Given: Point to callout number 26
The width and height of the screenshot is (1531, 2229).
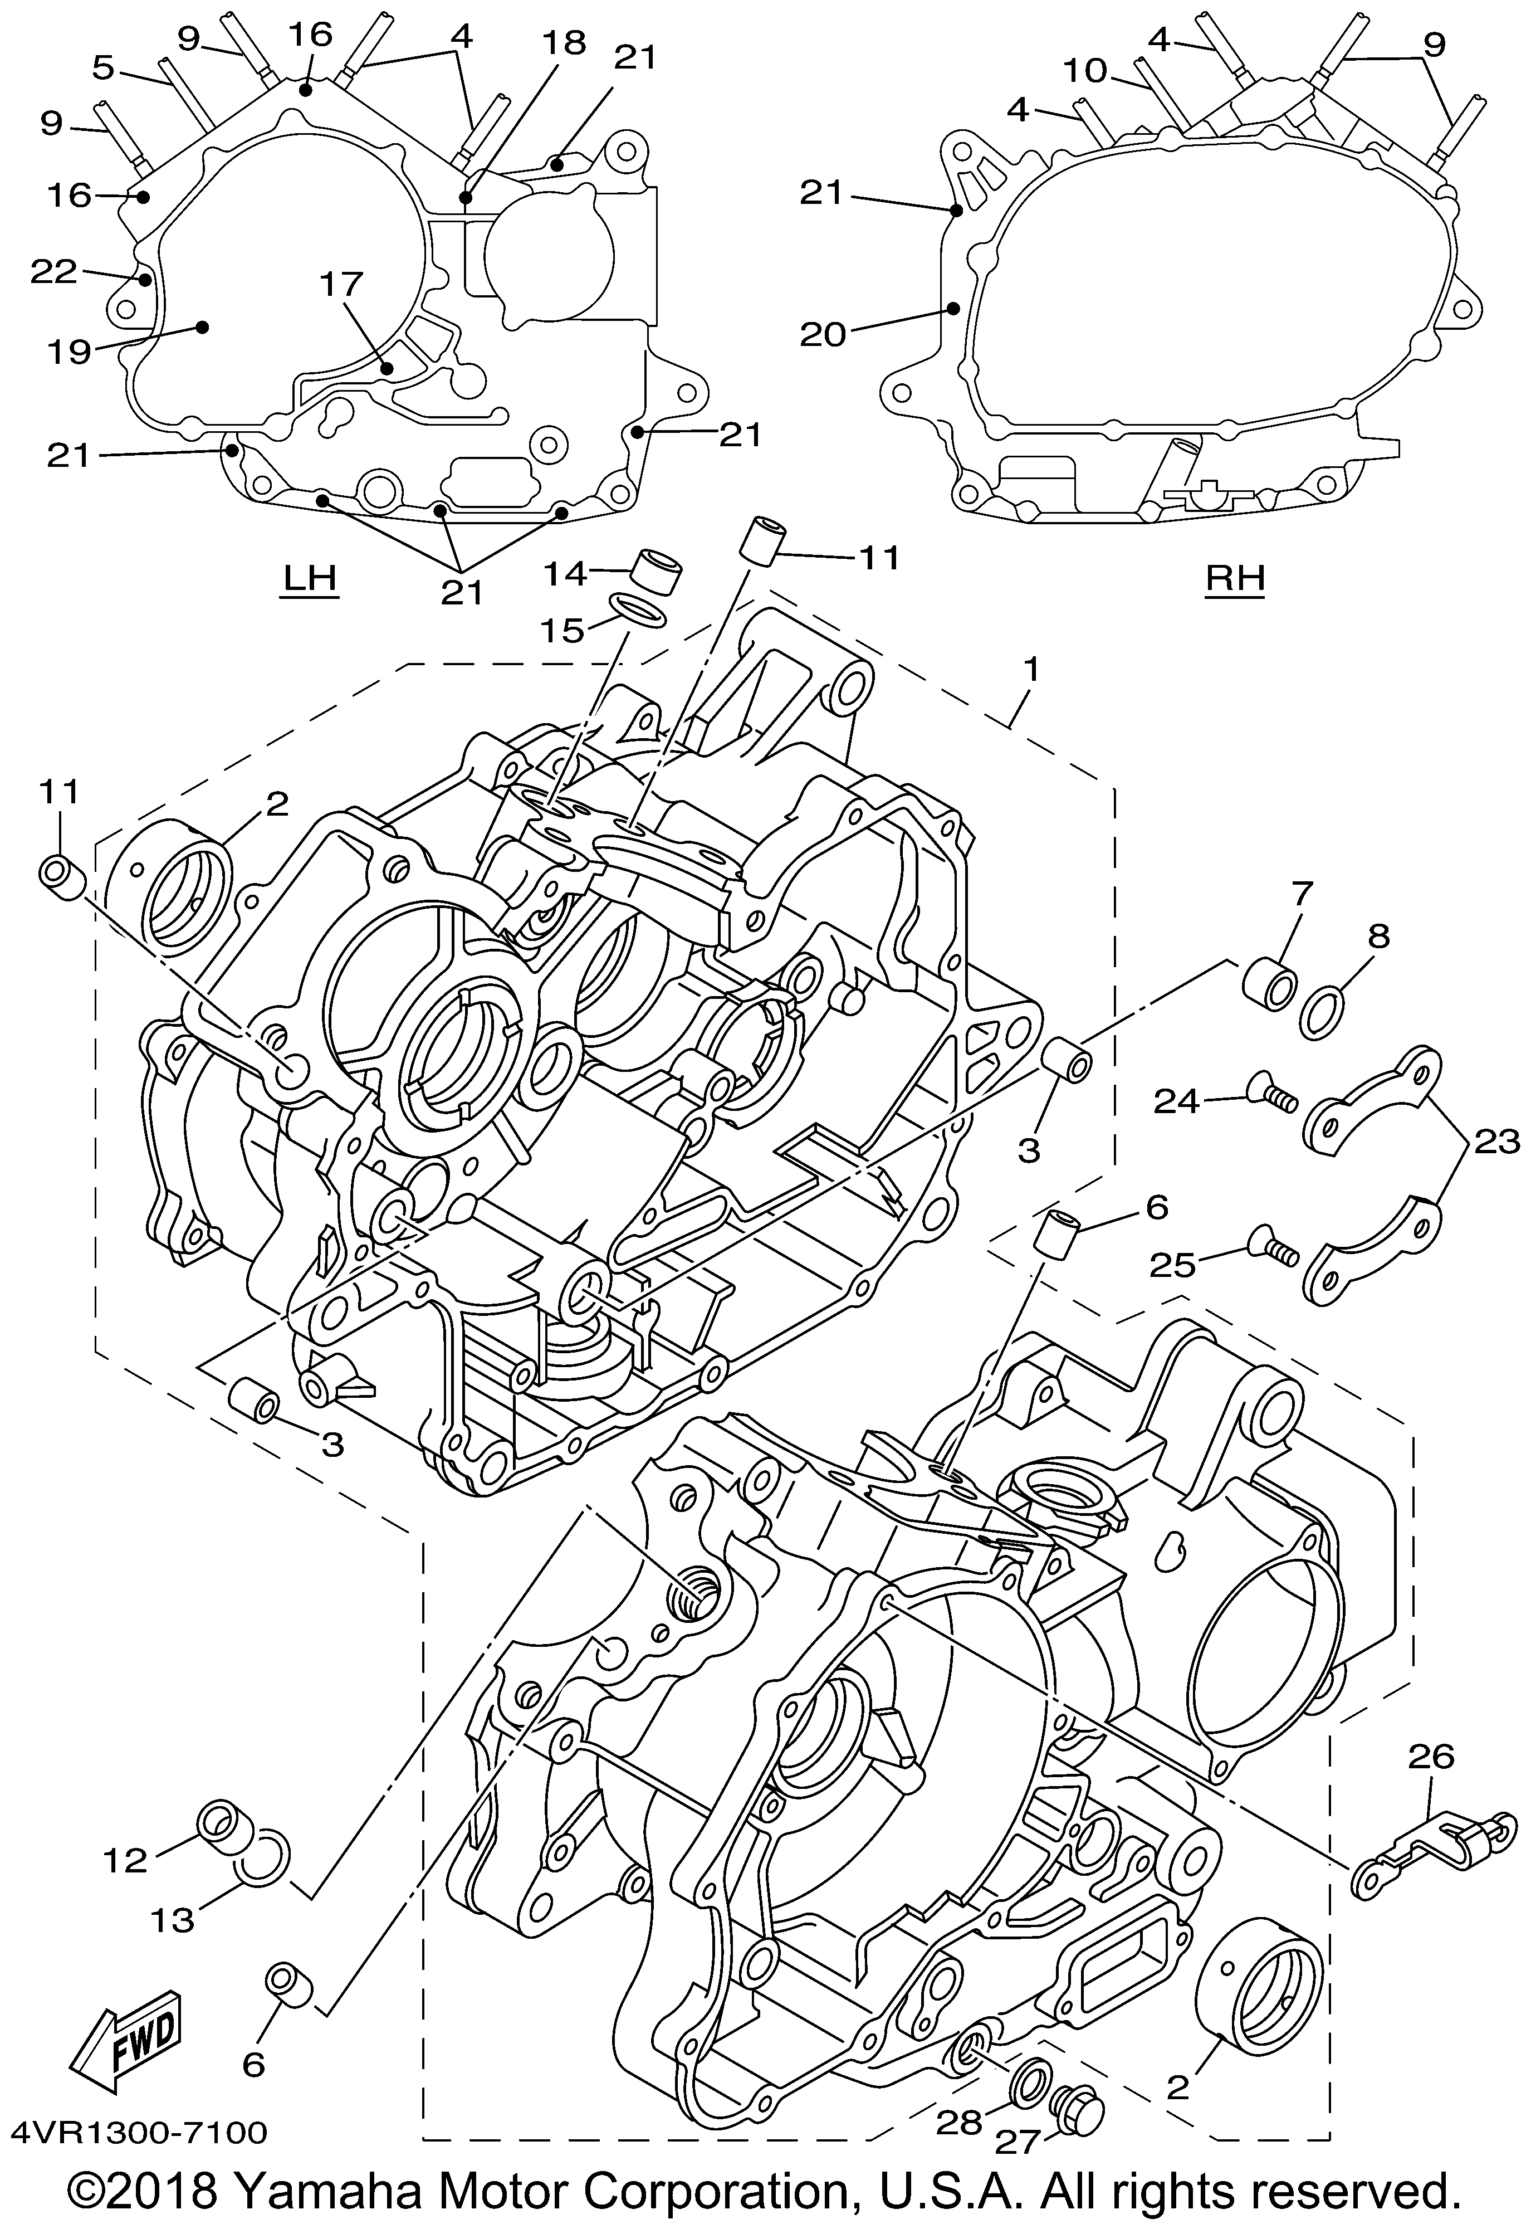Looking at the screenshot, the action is pyautogui.click(x=1431, y=1757).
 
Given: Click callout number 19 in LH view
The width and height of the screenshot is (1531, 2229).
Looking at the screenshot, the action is pyautogui.click(x=70, y=352).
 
